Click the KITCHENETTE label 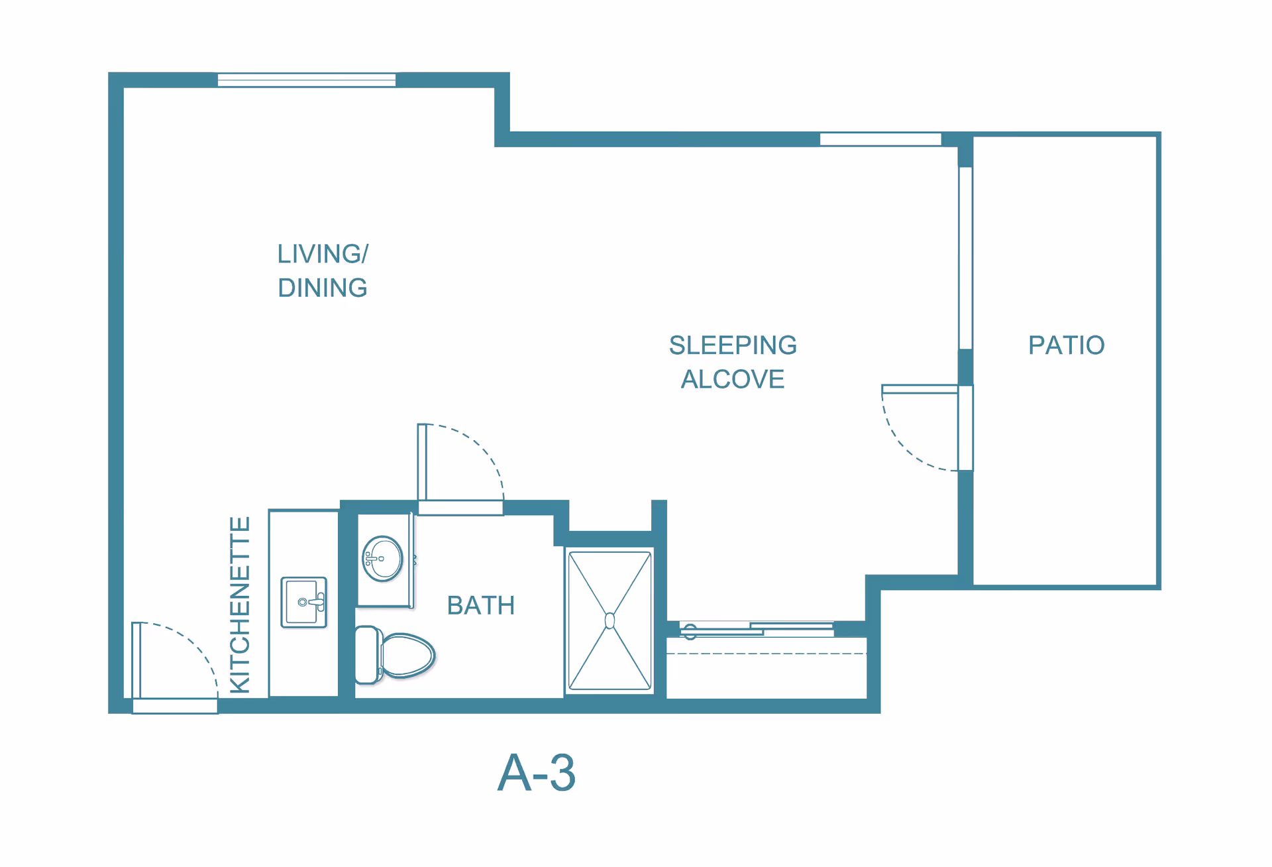(240, 605)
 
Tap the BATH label (481, 606)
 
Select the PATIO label (1067, 345)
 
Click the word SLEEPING (733, 345)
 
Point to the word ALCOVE (733, 379)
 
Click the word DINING (323, 288)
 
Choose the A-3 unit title (537, 773)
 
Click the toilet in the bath (395, 655)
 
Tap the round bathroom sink (383, 559)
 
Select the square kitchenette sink (304, 603)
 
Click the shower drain (610, 621)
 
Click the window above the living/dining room (307, 80)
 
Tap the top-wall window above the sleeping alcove (880, 139)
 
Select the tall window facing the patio (966, 258)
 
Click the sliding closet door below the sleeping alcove (757, 629)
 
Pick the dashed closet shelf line (767, 654)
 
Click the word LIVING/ (323, 254)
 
